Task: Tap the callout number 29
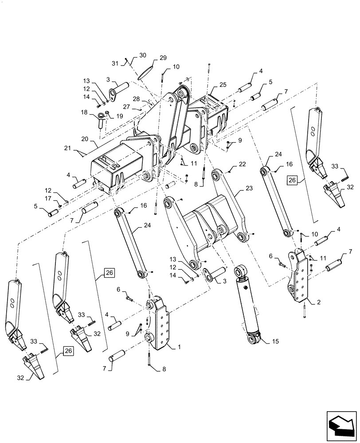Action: point(151,58)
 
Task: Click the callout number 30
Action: point(142,55)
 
